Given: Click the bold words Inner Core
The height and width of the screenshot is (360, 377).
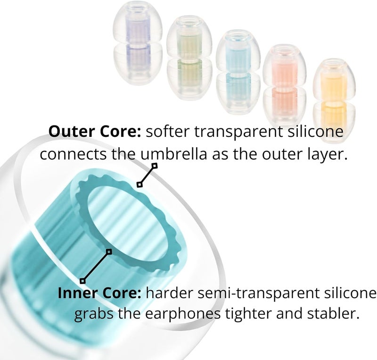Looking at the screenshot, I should tap(99, 293).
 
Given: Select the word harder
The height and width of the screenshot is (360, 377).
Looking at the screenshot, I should tap(170, 293).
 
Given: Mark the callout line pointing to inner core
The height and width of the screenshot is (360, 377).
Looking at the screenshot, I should tap(96, 266).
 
